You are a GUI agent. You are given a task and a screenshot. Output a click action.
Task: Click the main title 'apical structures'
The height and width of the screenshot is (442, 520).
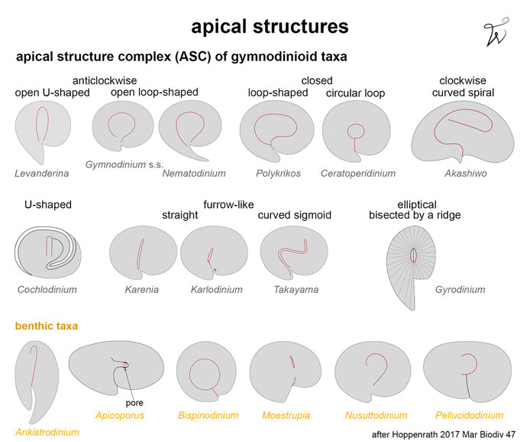point(270,27)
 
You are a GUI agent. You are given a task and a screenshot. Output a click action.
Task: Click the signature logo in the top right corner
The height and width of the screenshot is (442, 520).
point(496,32)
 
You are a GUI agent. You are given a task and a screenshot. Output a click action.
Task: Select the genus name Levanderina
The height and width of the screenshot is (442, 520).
point(42,174)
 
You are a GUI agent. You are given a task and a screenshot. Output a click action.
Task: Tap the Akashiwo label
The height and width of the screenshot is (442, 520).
point(466,174)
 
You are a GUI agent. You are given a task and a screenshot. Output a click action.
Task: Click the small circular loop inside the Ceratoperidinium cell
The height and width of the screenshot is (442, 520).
point(356,131)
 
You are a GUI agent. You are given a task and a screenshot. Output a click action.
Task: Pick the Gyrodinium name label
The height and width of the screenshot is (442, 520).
point(460,290)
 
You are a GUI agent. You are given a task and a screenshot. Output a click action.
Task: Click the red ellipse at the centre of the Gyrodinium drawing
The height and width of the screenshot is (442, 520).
point(413,255)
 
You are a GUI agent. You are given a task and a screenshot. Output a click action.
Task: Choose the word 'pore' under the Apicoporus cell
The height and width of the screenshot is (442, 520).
point(134,403)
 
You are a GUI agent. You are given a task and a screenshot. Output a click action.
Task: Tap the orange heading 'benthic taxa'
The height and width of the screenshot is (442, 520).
point(47,326)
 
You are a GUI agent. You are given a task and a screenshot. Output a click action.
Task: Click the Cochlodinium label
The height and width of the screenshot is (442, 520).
point(47,290)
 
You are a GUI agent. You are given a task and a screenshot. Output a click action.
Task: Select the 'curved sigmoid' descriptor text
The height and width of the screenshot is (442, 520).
point(295,215)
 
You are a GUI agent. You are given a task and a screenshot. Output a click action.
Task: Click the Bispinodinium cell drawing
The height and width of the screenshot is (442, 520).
point(206,371)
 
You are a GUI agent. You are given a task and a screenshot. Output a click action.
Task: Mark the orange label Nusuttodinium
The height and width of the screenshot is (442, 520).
point(376,415)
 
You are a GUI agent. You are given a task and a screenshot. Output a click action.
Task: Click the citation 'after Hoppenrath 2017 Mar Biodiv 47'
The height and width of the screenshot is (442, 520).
point(444,434)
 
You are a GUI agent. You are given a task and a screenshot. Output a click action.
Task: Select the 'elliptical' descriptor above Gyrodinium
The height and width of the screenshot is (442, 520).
point(417,205)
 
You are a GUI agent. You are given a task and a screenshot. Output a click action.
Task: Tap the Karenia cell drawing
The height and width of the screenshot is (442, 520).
point(143,253)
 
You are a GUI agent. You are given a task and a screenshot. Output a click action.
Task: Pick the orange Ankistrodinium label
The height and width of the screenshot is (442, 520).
point(47,432)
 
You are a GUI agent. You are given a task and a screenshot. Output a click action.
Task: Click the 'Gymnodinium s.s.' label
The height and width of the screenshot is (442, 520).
point(124,164)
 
